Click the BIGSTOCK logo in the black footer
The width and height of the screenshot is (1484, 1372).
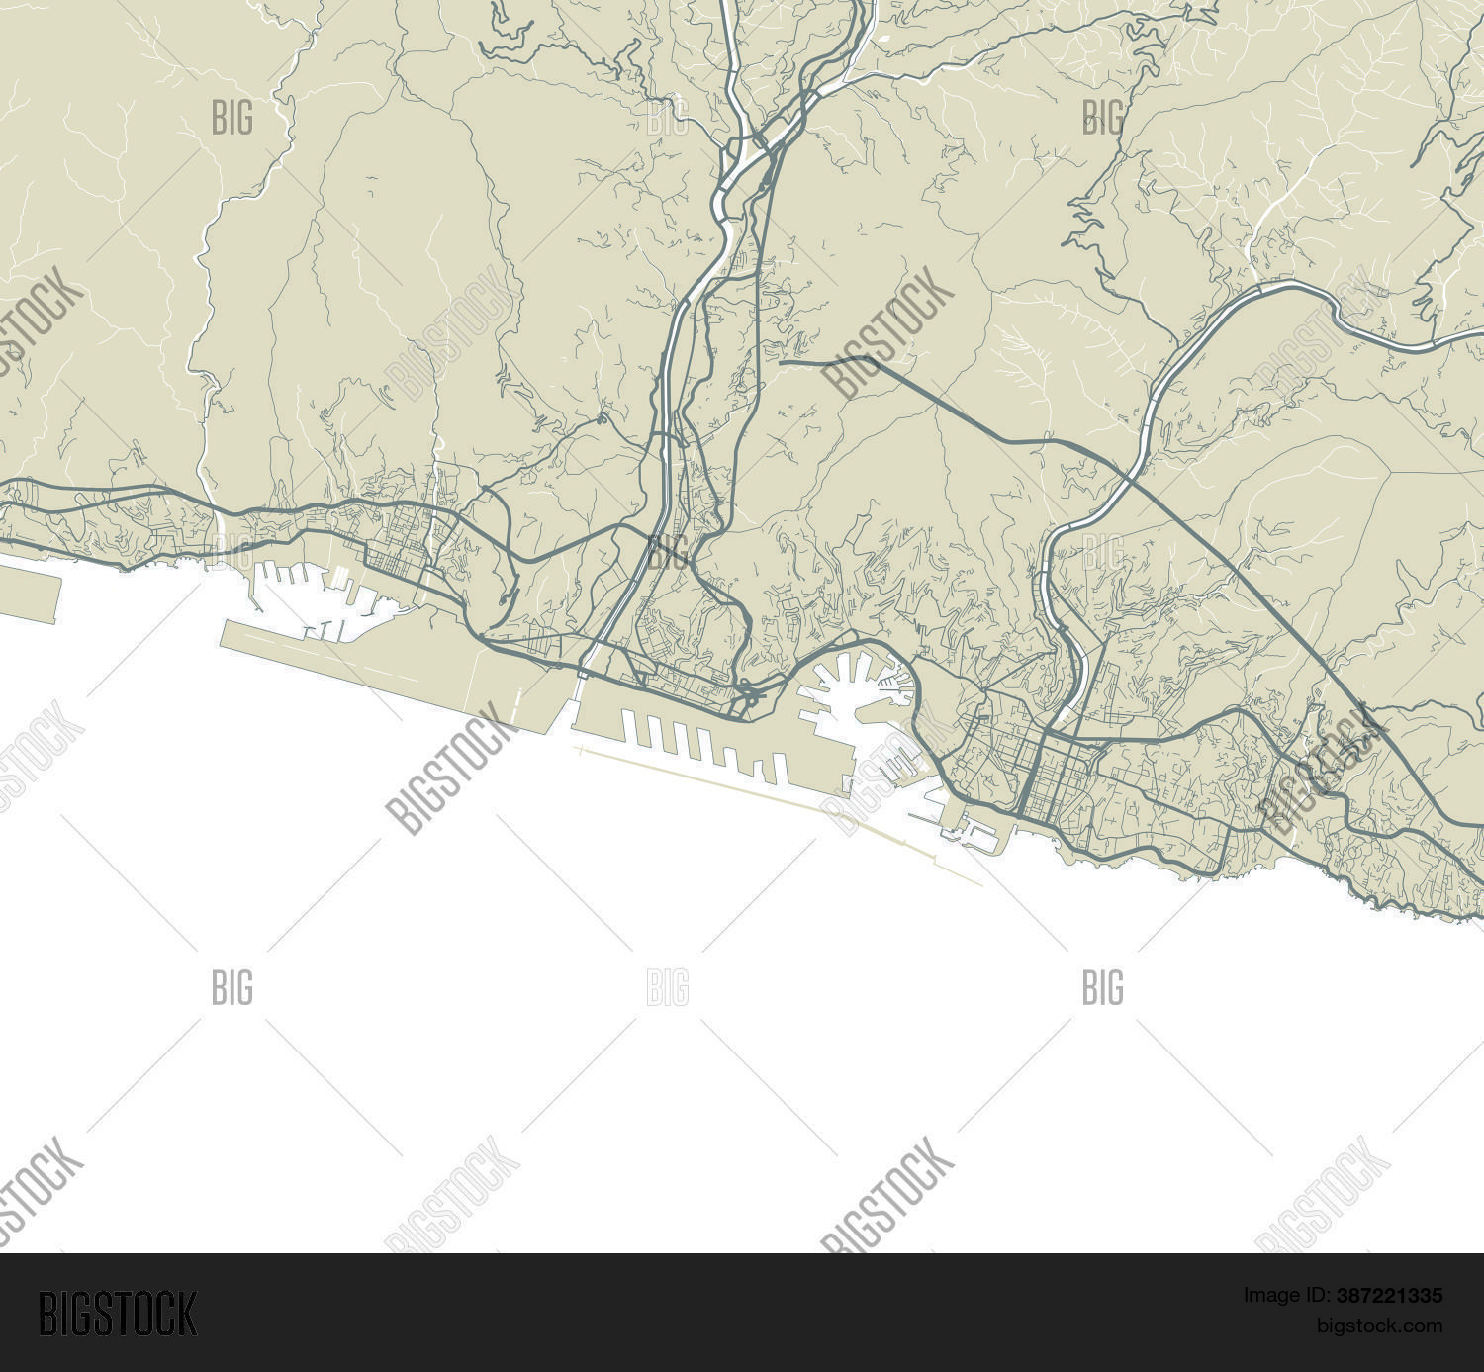click(x=118, y=1314)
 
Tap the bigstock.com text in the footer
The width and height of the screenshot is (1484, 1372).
click(x=1379, y=1326)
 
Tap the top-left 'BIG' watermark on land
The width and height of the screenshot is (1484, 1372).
click(x=232, y=118)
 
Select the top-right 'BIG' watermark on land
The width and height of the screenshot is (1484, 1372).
click(x=1103, y=118)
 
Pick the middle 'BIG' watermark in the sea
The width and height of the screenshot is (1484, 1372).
click(x=668, y=987)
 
